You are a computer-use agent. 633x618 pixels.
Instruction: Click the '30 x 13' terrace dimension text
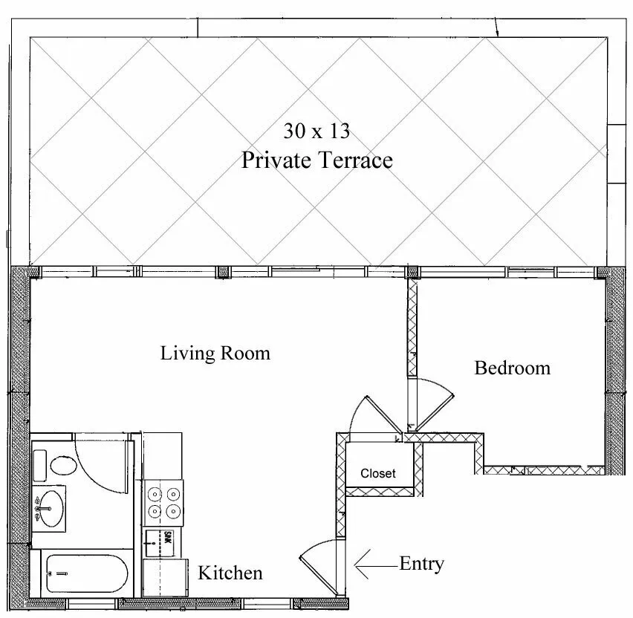316,131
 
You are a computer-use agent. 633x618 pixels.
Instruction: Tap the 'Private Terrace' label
316,160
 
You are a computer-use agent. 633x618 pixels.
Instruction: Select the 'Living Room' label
215,353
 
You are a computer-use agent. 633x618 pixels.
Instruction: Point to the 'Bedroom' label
513,368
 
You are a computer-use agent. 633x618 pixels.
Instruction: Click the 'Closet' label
378,473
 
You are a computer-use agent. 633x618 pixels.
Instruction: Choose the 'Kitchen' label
230,573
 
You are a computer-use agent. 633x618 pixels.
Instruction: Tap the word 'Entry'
421,564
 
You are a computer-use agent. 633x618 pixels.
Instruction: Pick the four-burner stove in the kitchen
163,502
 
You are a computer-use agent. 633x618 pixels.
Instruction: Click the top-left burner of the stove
155,492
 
